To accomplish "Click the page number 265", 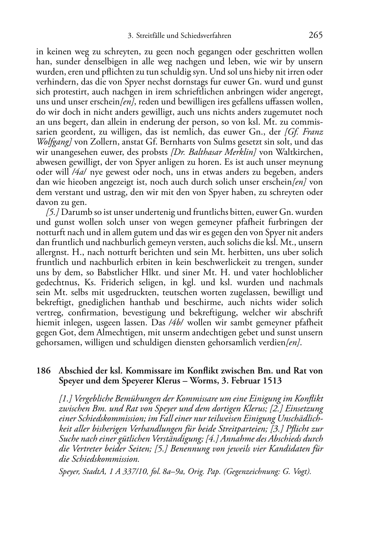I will (x=316, y=35).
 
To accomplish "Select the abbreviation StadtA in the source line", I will (x=94, y=471).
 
